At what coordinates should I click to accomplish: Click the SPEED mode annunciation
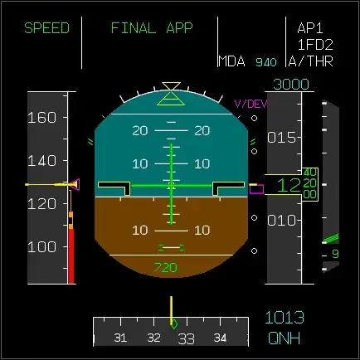(x=46, y=28)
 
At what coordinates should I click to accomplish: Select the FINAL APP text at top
(x=152, y=28)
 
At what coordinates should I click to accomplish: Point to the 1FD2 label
(x=314, y=45)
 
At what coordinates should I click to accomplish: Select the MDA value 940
(x=267, y=62)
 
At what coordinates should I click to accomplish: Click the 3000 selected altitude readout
(x=291, y=85)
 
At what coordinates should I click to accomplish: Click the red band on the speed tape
(x=71, y=257)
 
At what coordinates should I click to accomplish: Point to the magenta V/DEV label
(x=251, y=104)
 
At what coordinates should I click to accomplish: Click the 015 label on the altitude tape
(x=281, y=137)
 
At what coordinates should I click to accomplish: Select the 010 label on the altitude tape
(x=281, y=220)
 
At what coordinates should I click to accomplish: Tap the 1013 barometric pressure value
(x=285, y=317)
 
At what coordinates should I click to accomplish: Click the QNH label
(x=285, y=338)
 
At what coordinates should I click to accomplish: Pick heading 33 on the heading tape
(x=186, y=338)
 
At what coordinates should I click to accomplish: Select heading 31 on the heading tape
(x=120, y=338)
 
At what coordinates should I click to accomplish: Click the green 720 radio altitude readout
(x=166, y=267)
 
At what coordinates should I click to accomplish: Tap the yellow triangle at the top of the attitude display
(x=172, y=86)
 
